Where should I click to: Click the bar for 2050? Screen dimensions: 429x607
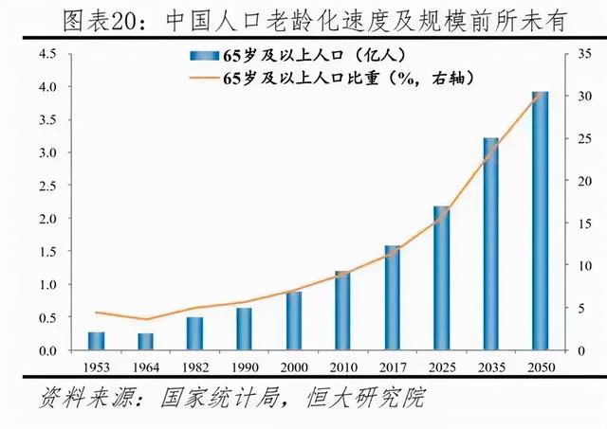point(540,222)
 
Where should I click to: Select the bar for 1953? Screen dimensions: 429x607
point(96,341)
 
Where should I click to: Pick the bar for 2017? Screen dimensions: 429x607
point(392,298)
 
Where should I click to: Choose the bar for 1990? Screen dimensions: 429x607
point(244,329)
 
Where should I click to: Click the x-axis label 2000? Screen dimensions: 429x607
point(293,366)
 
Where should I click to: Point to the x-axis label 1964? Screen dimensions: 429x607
point(145,366)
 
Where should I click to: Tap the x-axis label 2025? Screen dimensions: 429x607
point(441,366)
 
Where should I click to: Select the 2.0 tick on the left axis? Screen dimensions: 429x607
point(47,219)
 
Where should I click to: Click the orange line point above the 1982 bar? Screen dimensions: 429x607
point(194,308)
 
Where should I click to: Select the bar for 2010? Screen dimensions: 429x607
point(342,311)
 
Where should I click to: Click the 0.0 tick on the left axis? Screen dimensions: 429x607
point(47,350)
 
